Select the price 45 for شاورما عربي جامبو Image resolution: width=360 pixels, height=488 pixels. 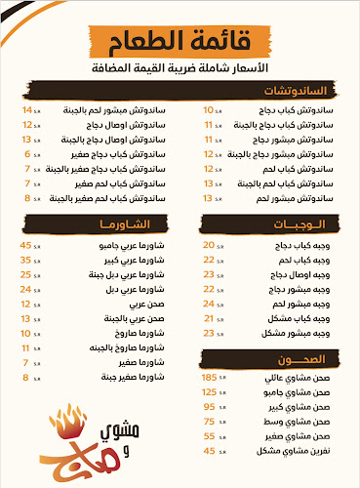point(26,244)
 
